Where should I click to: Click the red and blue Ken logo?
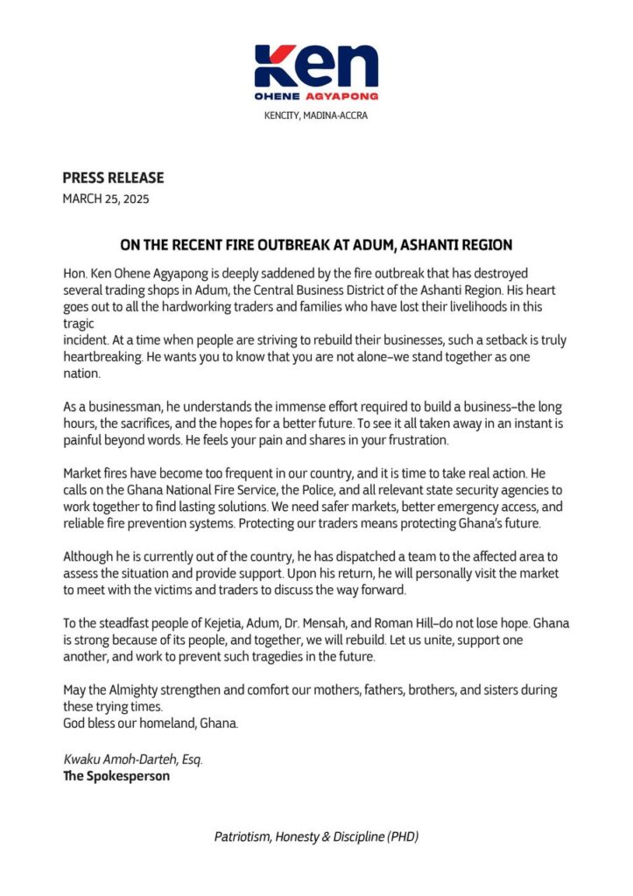(x=316, y=72)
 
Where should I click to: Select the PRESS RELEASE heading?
(x=113, y=178)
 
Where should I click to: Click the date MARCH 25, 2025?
(x=106, y=199)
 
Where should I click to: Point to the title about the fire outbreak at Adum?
(x=316, y=245)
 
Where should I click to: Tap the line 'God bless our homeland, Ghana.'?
(x=151, y=724)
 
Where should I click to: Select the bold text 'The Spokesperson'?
(x=116, y=775)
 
